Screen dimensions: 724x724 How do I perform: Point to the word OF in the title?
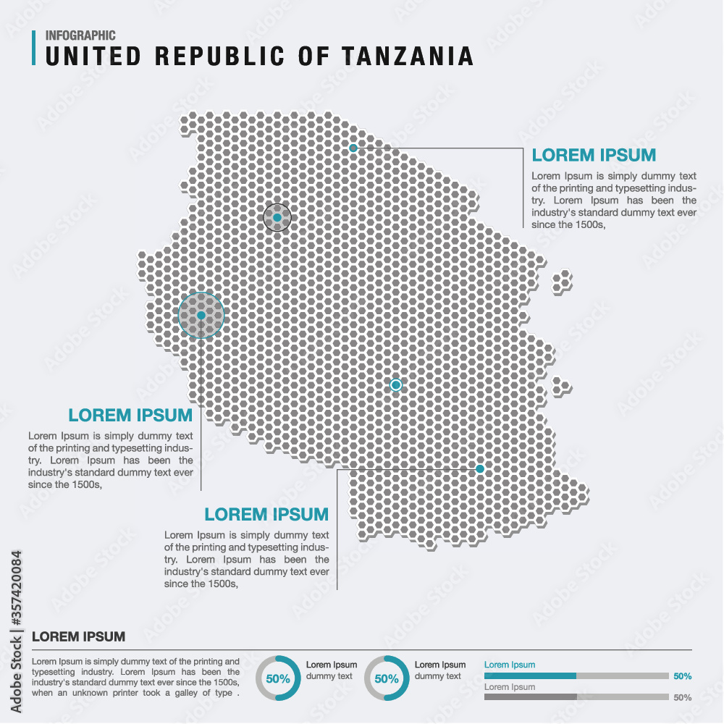point(312,56)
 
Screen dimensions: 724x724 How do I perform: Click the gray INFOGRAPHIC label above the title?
point(80,35)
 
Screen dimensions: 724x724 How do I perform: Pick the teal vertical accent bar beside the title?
point(34,48)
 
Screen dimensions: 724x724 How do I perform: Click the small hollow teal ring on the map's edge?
point(353,148)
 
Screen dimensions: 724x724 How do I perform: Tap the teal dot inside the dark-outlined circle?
point(277,217)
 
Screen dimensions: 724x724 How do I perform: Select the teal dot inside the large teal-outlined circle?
point(201,315)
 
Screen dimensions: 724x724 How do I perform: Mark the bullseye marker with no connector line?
point(395,385)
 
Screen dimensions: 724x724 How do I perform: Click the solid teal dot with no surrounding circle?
point(479,469)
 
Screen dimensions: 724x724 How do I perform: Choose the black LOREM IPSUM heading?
point(79,637)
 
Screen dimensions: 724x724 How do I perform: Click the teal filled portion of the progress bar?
point(529,675)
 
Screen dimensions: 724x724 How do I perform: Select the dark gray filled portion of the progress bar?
point(529,697)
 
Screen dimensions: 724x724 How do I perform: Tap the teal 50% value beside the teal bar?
point(682,676)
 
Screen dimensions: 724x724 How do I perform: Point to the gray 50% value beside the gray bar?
point(682,698)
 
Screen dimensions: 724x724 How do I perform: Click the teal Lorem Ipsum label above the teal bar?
point(510,665)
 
